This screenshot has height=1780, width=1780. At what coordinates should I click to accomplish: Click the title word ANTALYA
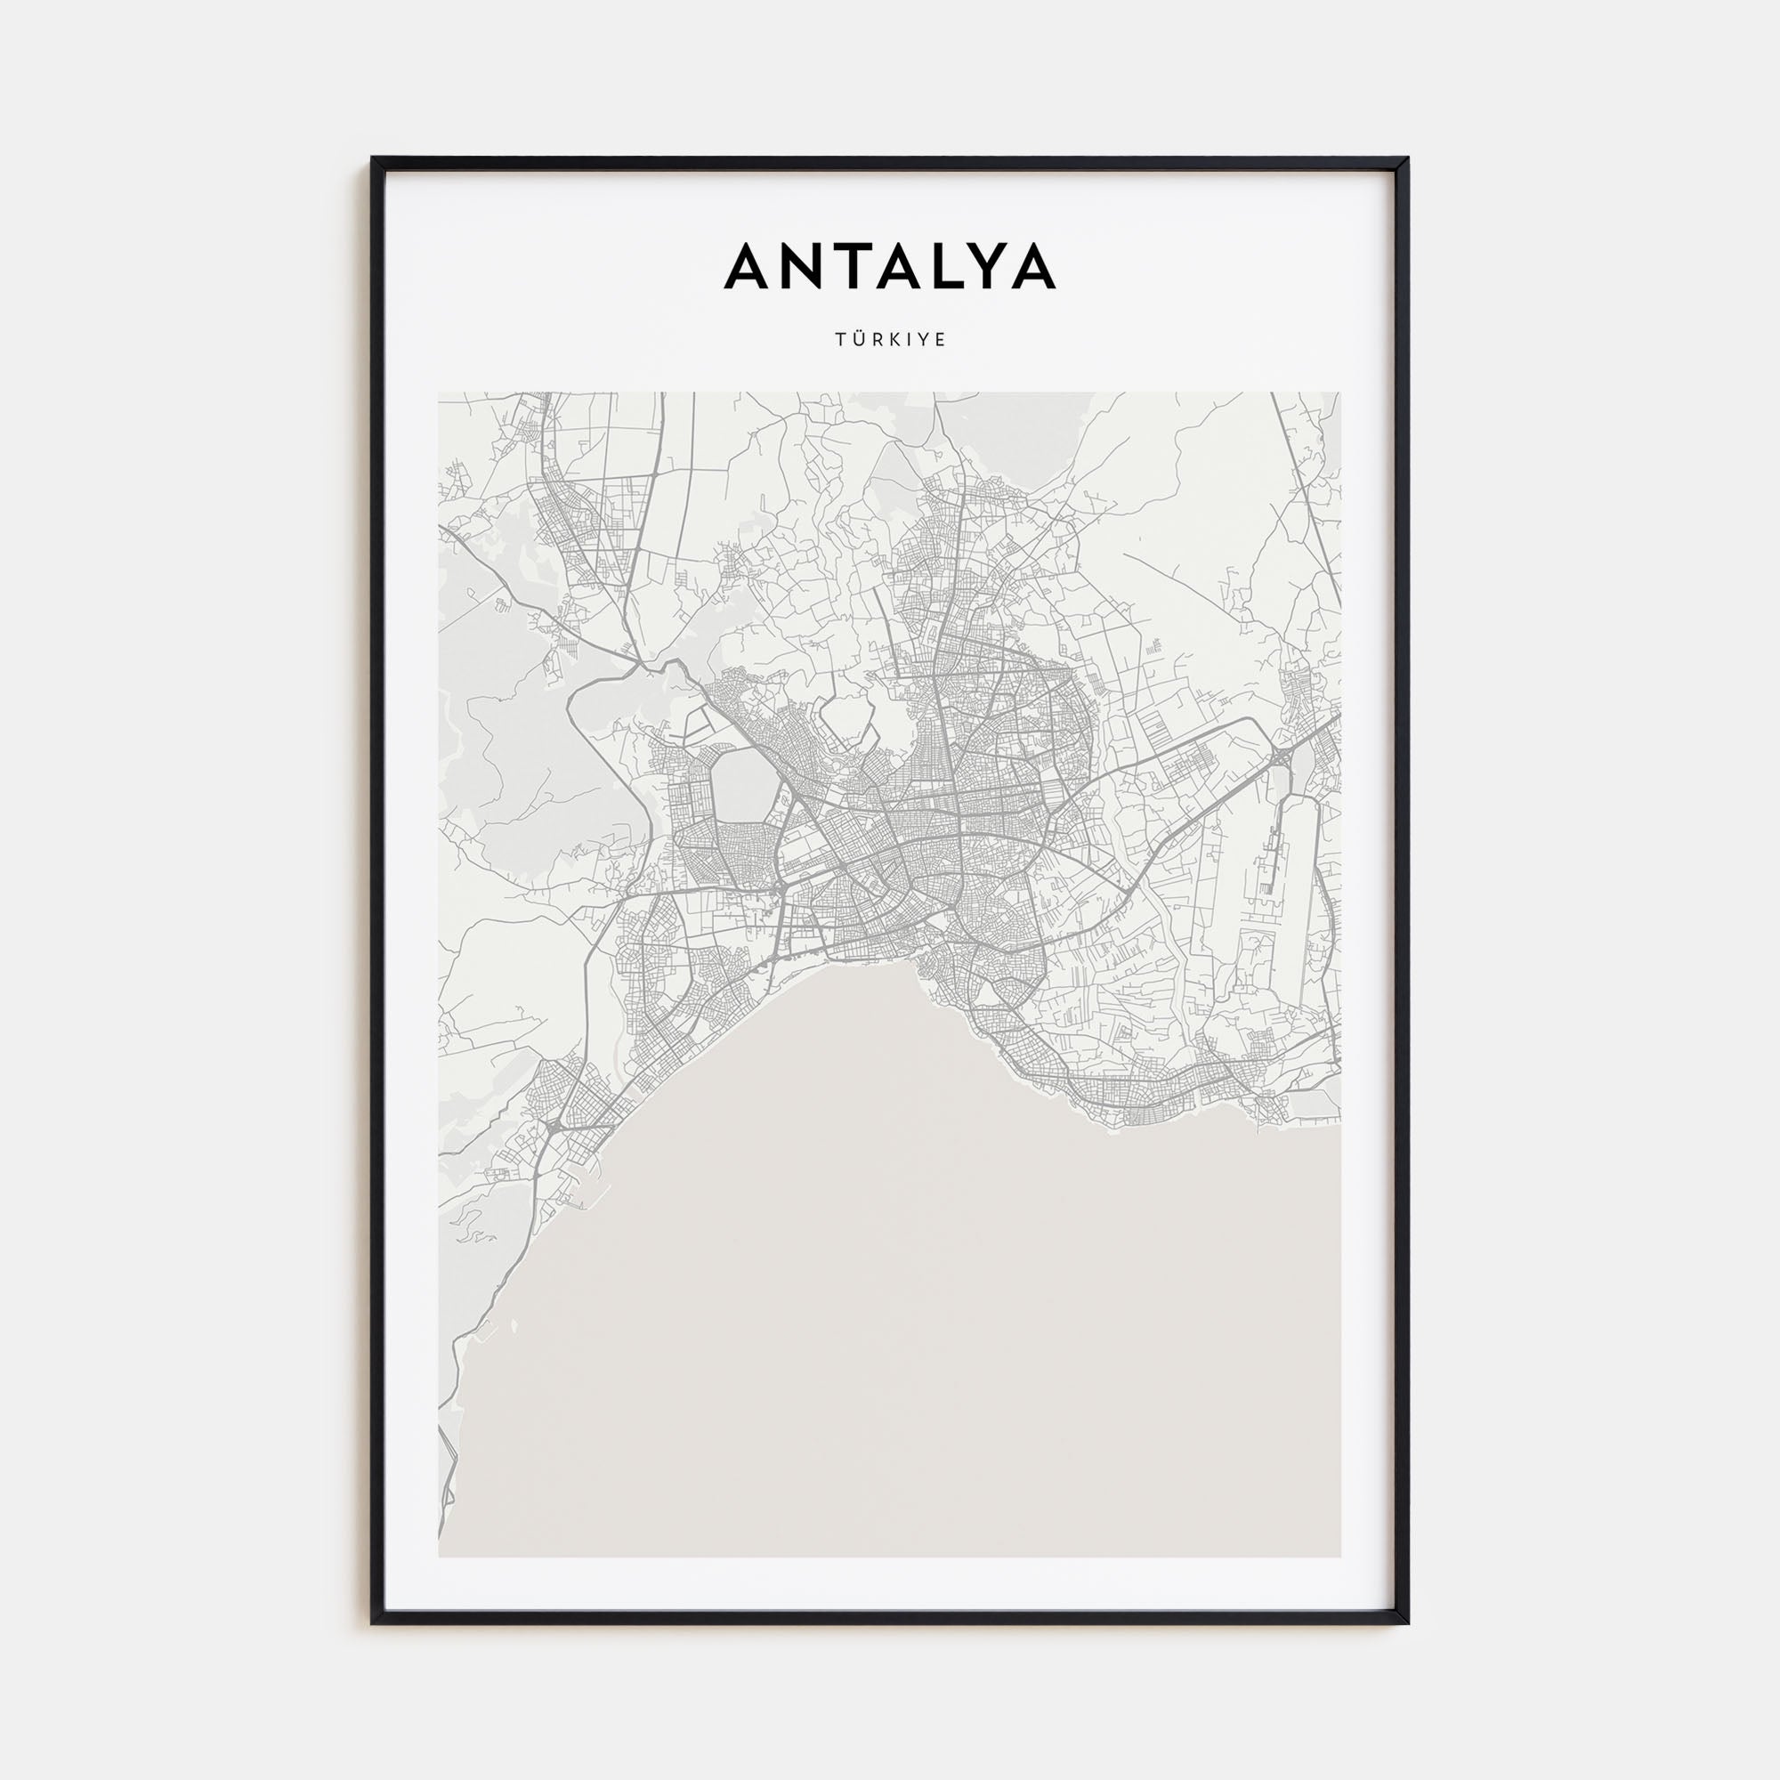[x=890, y=267]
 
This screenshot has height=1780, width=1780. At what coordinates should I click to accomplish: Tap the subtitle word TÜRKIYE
[x=890, y=340]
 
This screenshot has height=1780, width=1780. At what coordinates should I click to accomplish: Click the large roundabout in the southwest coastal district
[x=554, y=1126]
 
